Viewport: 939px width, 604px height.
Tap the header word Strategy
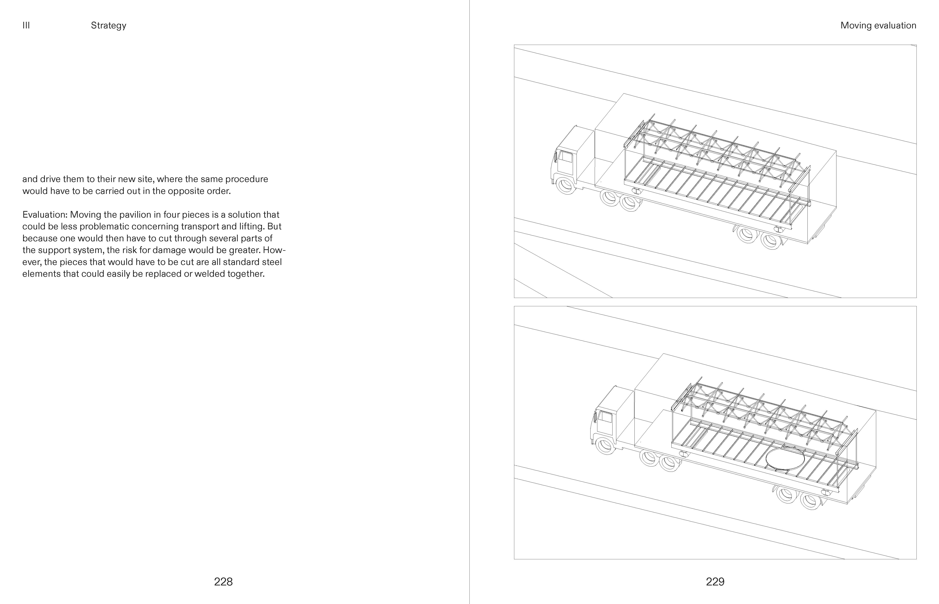tap(109, 26)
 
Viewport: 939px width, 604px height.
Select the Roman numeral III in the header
tap(26, 26)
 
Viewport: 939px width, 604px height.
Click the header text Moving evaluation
tap(878, 26)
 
